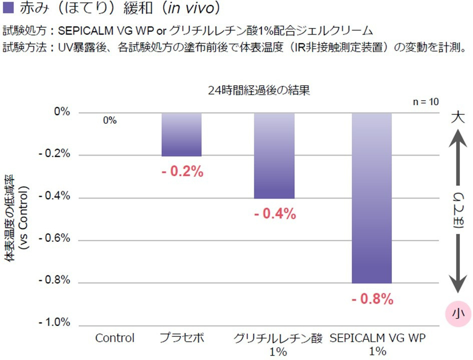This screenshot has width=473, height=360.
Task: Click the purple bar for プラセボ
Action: pos(181,134)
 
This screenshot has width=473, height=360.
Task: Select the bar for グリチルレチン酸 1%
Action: pos(274,155)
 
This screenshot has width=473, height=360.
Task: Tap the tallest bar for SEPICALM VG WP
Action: pos(371,198)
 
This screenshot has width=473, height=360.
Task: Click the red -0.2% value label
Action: pos(182,172)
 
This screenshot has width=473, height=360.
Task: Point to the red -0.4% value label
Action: pos(274,214)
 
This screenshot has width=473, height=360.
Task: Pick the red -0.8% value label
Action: pos(372,299)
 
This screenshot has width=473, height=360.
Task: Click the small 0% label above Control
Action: pos(110,121)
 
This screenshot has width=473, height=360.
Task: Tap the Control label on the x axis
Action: pos(115,338)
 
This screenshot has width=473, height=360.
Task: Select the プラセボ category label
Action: pos(181,338)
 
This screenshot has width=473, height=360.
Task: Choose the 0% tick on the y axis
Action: pos(62,112)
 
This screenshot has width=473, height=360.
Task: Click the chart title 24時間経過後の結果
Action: pos(260,91)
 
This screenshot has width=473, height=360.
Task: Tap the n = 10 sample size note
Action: pos(426,102)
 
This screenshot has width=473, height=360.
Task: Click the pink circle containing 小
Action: pos(458,314)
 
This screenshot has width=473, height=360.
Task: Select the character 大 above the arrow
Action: pos(458,118)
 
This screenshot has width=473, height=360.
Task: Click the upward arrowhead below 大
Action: pos(458,137)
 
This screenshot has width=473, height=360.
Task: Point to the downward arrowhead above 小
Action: pos(458,286)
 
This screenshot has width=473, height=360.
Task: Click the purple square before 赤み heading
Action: pos(8,9)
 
